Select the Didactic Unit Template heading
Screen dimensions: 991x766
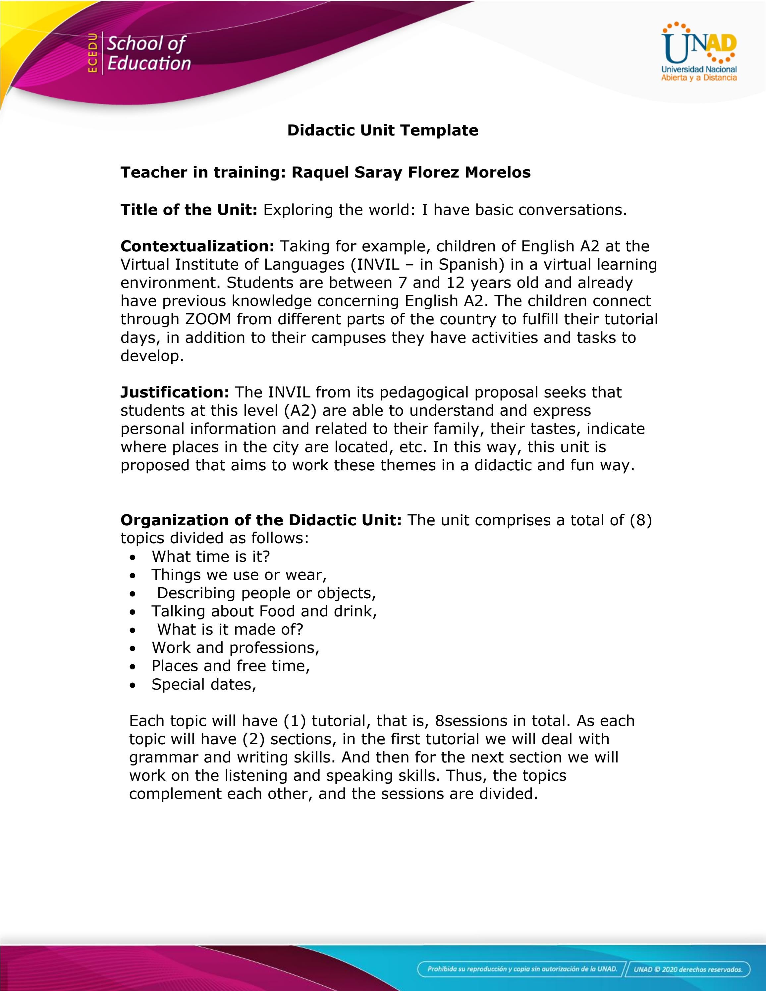click(x=383, y=130)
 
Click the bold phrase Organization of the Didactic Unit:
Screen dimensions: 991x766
click(x=261, y=520)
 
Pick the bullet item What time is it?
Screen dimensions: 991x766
click(x=211, y=556)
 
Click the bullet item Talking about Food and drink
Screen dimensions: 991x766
click(x=264, y=611)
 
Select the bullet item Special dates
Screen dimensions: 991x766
click(x=204, y=684)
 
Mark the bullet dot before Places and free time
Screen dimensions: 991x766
click(x=132, y=666)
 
